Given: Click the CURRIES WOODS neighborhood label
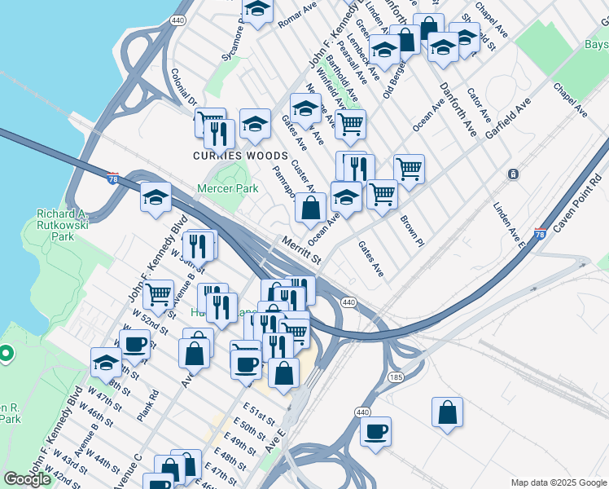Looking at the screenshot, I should point(240,156).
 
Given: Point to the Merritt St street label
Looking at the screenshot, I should point(300,249).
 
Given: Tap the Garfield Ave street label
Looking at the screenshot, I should point(509,121).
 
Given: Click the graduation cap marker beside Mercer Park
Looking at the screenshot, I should point(156,197).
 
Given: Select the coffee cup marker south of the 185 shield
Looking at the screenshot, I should point(375,432).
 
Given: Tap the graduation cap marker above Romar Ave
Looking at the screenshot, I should point(258,10).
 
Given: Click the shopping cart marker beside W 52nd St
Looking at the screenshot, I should point(157,293).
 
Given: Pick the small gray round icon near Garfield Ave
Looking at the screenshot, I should point(513,174).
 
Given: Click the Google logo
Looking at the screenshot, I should point(27,479).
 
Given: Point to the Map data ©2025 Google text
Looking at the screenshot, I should point(559,482).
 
